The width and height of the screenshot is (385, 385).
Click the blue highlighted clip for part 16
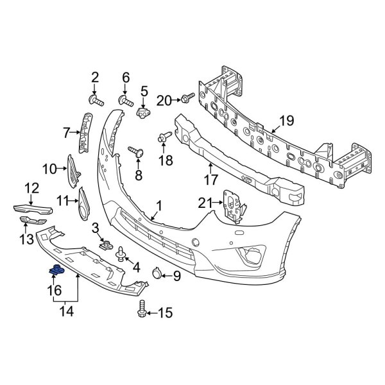pyautogui.click(x=56, y=270)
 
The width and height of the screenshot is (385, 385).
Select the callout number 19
pyautogui.click(x=287, y=121)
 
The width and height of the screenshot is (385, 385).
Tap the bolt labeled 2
pyautogui.click(x=96, y=101)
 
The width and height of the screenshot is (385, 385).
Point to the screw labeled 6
pyautogui.click(x=126, y=101)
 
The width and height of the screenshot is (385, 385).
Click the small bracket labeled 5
pyautogui.click(x=143, y=112)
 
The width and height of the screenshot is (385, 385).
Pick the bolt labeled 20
pyautogui.click(x=187, y=98)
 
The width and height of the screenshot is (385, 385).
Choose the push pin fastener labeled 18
pyautogui.click(x=164, y=137)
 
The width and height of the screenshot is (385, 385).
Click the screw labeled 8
pyautogui.click(x=136, y=152)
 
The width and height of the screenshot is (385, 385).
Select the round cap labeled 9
pyautogui.click(x=157, y=273)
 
